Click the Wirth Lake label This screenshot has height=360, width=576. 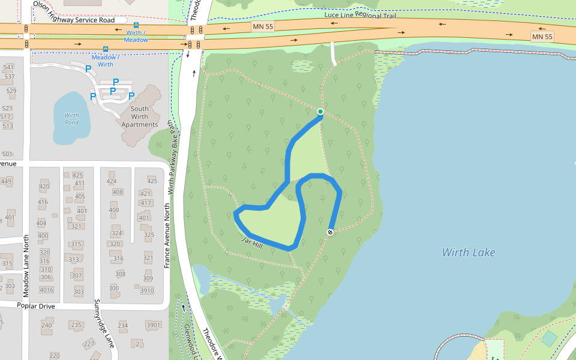tap(469, 252)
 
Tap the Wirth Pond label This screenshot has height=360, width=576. tap(71, 119)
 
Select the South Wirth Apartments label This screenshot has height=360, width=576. tap(140, 117)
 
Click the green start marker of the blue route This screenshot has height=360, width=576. tap(320, 112)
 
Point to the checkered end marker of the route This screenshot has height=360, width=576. tap(330, 232)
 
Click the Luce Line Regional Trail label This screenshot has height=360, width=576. tap(359, 14)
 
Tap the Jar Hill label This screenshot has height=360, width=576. tap(253, 242)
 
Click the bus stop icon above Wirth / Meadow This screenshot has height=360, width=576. tap(136, 26)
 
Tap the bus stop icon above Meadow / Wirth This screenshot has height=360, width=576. tap(106, 49)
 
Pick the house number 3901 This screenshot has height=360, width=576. tap(153, 325)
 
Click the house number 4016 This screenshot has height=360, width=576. tap(46, 290)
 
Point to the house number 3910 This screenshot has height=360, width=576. tap(147, 291)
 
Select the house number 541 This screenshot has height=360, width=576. tap(8, 67)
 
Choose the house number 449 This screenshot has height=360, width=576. tap(6, 181)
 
